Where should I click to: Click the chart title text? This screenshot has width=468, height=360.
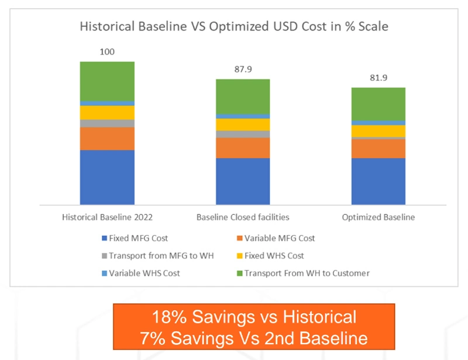pyautogui.click(x=234, y=26)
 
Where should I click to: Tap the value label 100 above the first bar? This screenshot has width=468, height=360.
pyautogui.click(x=107, y=52)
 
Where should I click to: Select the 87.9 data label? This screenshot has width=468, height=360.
pyautogui.click(x=243, y=69)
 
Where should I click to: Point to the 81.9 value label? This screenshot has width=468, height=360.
pyautogui.click(x=378, y=78)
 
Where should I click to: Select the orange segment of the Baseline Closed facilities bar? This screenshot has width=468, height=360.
pyautogui.click(x=243, y=148)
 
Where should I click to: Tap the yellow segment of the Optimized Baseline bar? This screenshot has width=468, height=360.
pyautogui.click(x=378, y=131)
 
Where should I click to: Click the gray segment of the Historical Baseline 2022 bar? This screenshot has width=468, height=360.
pyautogui.click(x=107, y=124)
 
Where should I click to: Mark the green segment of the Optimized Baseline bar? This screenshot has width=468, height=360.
pyautogui.click(x=378, y=104)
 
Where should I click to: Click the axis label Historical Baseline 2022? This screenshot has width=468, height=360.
pyautogui.click(x=107, y=217)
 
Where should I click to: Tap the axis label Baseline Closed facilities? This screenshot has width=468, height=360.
pyautogui.click(x=243, y=217)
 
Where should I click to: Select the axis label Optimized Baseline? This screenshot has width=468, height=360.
pyautogui.click(x=378, y=217)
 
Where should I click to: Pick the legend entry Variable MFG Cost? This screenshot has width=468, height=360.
pyautogui.click(x=280, y=238)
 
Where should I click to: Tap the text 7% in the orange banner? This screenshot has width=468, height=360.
pyautogui.click(x=152, y=338)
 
